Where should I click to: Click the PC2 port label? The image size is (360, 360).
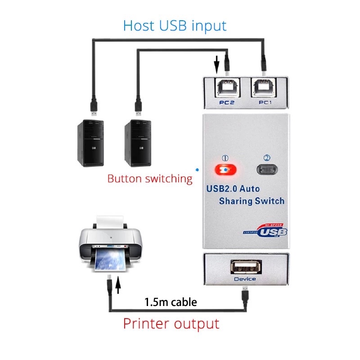[x=227, y=103]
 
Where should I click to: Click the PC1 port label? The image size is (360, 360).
[x=265, y=103]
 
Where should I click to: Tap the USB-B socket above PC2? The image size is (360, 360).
[x=227, y=87]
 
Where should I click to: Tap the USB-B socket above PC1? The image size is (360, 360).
[x=264, y=87]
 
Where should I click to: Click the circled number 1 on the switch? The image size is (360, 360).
[x=225, y=158]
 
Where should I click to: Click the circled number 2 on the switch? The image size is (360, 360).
[x=267, y=158]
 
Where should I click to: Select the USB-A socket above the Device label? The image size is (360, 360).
[x=246, y=267]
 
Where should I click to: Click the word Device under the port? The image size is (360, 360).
[x=245, y=279]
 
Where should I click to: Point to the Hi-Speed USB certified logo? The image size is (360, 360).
[x=265, y=230]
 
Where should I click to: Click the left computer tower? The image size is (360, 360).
[x=90, y=143]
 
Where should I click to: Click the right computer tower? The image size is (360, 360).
[x=138, y=143]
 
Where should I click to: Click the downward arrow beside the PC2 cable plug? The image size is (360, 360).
[x=216, y=64]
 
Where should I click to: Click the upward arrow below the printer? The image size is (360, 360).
[x=118, y=285]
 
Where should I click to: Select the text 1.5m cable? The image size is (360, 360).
[x=171, y=302]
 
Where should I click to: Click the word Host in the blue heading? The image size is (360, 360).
[x=139, y=26]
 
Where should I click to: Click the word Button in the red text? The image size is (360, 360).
[x=124, y=179]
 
